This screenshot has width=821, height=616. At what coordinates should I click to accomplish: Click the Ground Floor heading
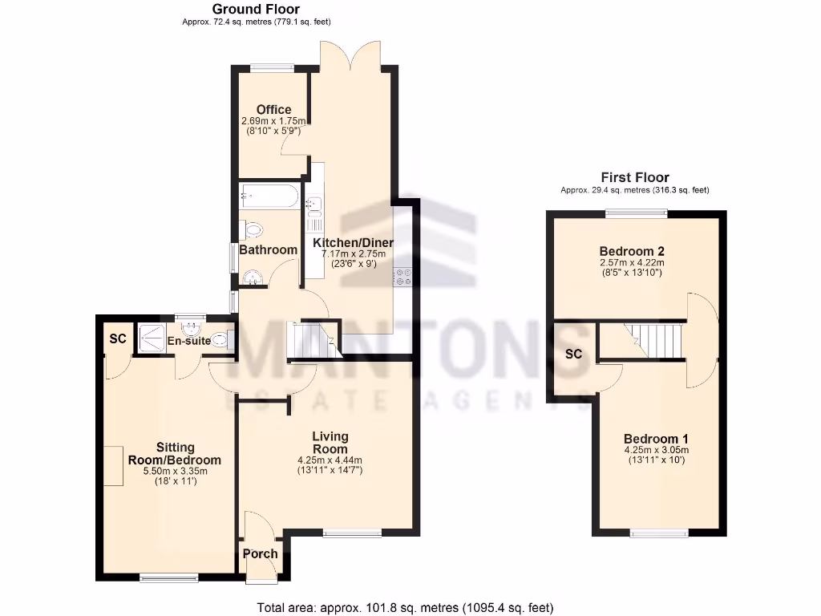pyautogui.click(x=255, y=9)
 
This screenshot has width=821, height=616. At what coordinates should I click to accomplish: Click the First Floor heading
pyautogui.click(x=635, y=177)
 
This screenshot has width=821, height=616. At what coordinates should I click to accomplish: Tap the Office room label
pyautogui.click(x=273, y=110)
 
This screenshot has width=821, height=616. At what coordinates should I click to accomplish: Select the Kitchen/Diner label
pyautogui.click(x=349, y=242)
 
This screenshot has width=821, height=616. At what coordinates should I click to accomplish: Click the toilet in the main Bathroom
pyautogui.click(x=252, y=230)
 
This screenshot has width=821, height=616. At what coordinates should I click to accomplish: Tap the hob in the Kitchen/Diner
pyautogui.click(x=402, y=276)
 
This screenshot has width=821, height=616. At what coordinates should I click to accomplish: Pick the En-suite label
pyautogui.click(x=189, y=341)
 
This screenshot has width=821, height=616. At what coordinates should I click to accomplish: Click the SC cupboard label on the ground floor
pyautogui.click(x=118, y=338)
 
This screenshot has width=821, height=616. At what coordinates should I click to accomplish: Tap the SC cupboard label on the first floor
pyautogui.click(x=573, y=354)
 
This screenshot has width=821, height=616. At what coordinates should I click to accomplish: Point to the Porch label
pyautogui.click(x=260, y=553)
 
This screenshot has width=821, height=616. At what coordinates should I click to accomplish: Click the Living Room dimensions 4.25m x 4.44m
pyautogui.click(x=330, y=460)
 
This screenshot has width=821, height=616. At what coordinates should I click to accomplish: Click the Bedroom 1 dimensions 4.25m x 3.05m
pyautogui.click(x=656, y=450)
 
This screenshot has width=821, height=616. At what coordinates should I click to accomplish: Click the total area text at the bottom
pyautogui.click(x=405, y=607)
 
